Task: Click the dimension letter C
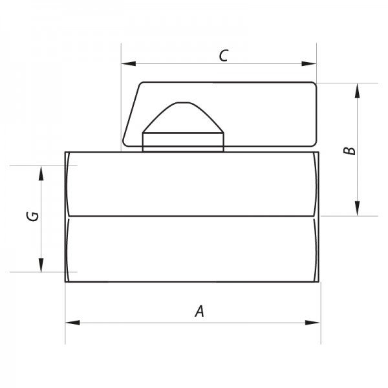(x=224, y=56)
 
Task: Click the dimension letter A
(x=200, y=311)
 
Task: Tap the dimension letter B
(x=349, y=151)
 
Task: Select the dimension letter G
(x=32, y=217)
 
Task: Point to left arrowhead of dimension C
(x=129, y=63)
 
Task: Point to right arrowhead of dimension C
(x=309, y=63)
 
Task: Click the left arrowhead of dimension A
(x=72, y=323)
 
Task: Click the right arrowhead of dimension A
(x=312, y=323)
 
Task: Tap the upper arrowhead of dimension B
(x=357, y=91)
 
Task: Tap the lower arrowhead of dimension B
(x=357, y=208)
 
